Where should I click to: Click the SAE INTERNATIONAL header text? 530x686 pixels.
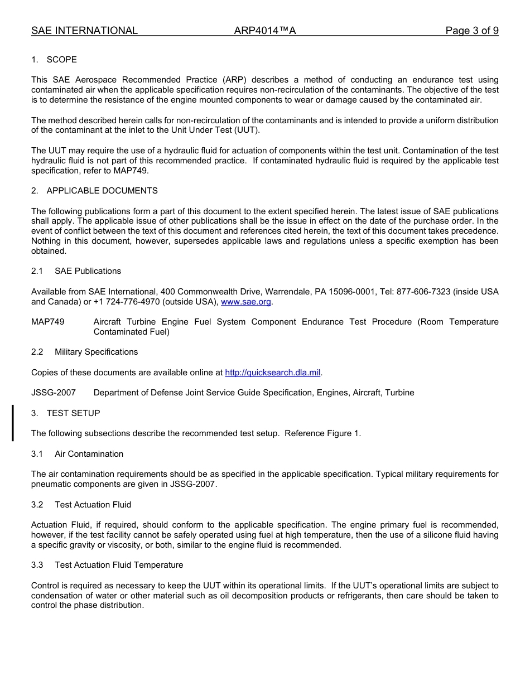84,31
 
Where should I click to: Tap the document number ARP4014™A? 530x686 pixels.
265,31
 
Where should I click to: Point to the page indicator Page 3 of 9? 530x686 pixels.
471,31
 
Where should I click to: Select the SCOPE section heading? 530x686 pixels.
61,60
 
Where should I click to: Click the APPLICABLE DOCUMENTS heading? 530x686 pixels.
102,191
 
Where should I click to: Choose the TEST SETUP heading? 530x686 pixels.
73,413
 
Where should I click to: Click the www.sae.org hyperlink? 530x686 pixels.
246,302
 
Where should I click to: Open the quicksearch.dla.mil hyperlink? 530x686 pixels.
273,373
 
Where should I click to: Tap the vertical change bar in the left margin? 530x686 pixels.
13,423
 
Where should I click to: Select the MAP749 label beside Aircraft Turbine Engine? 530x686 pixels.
47,322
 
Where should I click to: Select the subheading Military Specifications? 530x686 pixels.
96,352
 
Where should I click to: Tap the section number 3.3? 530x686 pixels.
37,565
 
